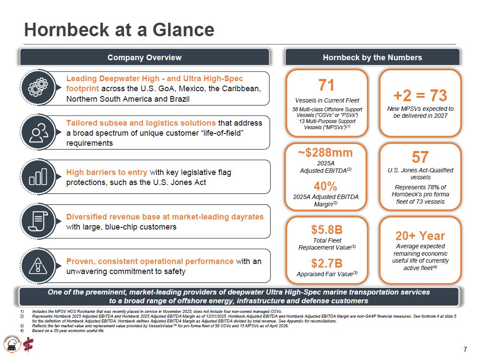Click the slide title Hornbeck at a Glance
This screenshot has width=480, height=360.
119,30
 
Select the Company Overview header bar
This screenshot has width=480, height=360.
144,57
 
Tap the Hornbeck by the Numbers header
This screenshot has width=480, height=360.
372,57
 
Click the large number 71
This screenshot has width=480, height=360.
327,84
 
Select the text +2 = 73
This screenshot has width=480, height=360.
420,95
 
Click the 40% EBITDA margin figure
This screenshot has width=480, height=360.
326,186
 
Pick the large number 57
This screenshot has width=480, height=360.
420,158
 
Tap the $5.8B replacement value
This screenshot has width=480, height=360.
327,230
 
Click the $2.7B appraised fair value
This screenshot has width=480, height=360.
327,263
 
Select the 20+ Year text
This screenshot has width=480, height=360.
420,236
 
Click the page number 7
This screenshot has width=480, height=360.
465,349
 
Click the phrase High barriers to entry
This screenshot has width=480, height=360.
107,172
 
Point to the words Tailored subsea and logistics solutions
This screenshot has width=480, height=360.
141,123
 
